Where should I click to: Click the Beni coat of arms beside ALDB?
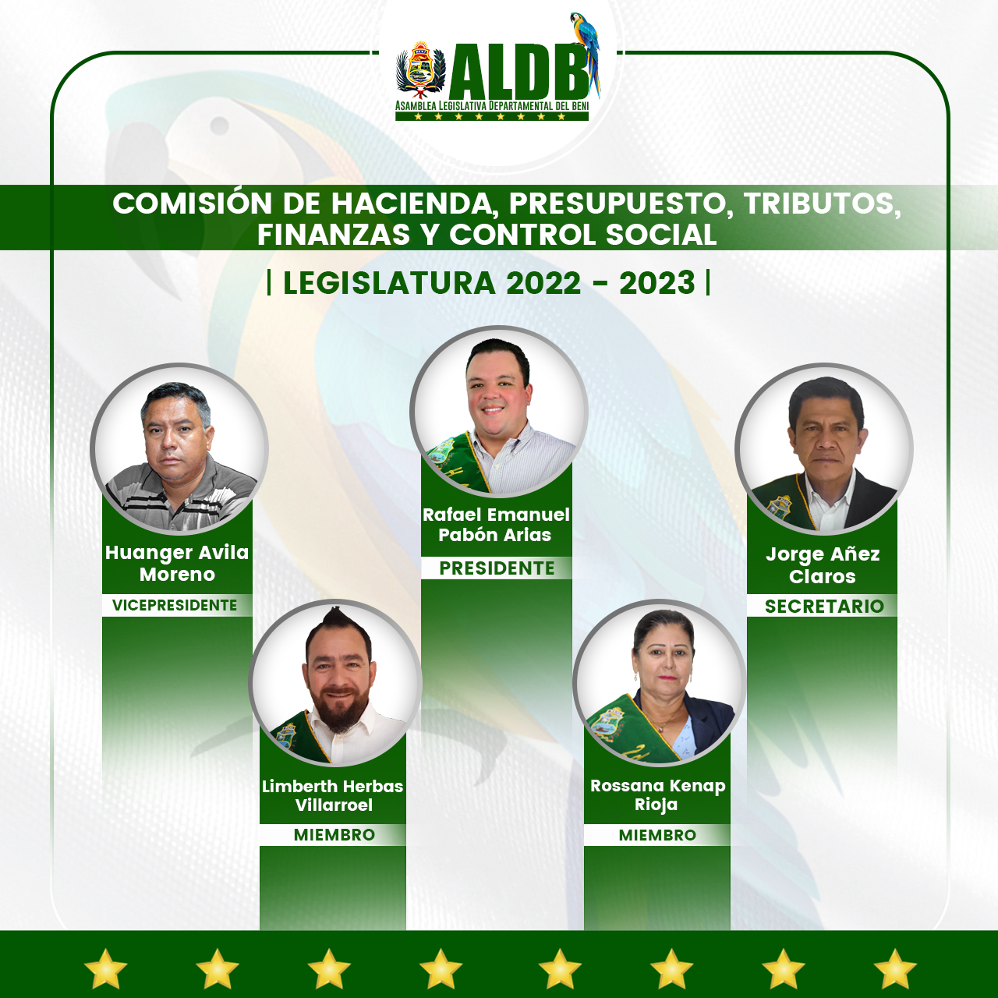click(x=420, y=69)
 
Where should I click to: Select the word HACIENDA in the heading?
click(x=412, y=203)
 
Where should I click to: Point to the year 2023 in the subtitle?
click(x=656, y=283)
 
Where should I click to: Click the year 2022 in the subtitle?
click(x=543, y=283)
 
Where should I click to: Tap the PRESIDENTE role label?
click(x=497, y=568)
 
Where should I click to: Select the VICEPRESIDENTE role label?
click(x=175, y=605)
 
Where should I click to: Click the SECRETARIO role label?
click(x=824, y=606)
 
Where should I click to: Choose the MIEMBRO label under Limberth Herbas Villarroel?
click(x=334, y=834)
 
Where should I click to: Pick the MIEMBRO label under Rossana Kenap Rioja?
click(x=657, y=834)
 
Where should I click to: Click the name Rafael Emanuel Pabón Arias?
click(x=496, y=525)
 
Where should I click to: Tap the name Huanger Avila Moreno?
click(x=177, y=563)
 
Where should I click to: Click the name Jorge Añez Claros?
click(x=823, y=565)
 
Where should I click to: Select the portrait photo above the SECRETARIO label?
click(x=823, y=449)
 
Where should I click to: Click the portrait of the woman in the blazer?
click(x=660, y=683)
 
